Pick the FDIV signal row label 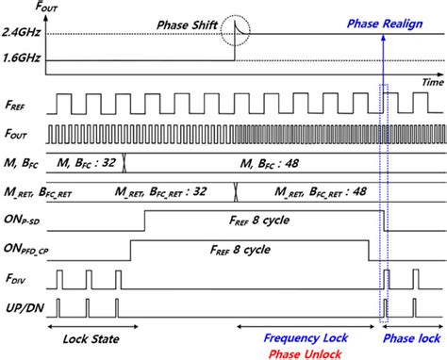[15, 281]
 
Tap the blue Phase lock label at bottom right [412, 337]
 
